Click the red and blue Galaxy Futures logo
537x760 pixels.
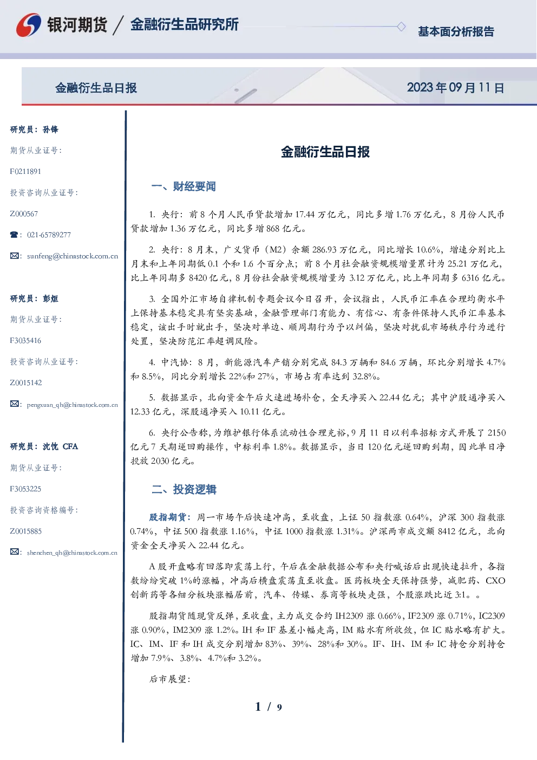29,25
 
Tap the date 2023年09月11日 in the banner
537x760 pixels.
455,88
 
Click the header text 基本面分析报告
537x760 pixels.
456,31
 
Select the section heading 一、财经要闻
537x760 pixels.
184,186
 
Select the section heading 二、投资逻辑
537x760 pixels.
184,489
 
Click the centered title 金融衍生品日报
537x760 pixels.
325,152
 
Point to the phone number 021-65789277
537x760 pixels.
49,235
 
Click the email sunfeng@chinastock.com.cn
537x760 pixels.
73,256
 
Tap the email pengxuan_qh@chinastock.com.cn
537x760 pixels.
72,405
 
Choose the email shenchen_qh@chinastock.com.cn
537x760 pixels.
72,553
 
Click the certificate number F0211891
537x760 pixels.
25,171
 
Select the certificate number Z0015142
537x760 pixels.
26,383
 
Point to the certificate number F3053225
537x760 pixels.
25,489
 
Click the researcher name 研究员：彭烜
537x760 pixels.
34,298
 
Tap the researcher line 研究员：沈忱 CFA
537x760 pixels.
44,446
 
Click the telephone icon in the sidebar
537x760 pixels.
14,235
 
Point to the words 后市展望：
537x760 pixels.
170,679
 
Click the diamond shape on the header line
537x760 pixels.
401,27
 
